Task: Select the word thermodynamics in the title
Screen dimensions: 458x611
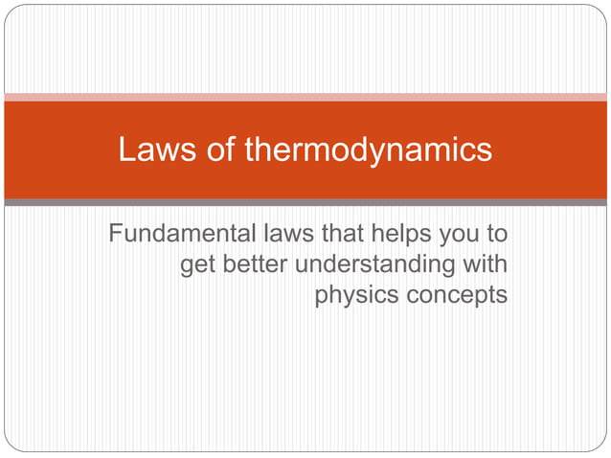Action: tap(369, 149)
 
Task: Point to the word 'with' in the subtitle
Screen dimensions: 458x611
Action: tap(484, 263)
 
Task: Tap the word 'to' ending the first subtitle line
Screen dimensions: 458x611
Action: tap(497, 233)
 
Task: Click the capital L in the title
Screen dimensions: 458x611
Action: tap(125, 149)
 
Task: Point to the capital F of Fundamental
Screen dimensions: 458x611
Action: tap(116, 233)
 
